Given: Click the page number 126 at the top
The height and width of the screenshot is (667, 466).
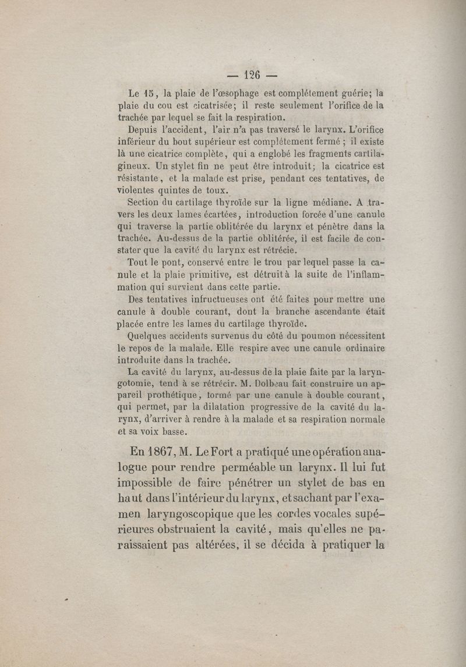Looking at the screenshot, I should click(252, 74).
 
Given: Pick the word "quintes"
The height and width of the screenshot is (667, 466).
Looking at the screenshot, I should click(178, 191).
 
